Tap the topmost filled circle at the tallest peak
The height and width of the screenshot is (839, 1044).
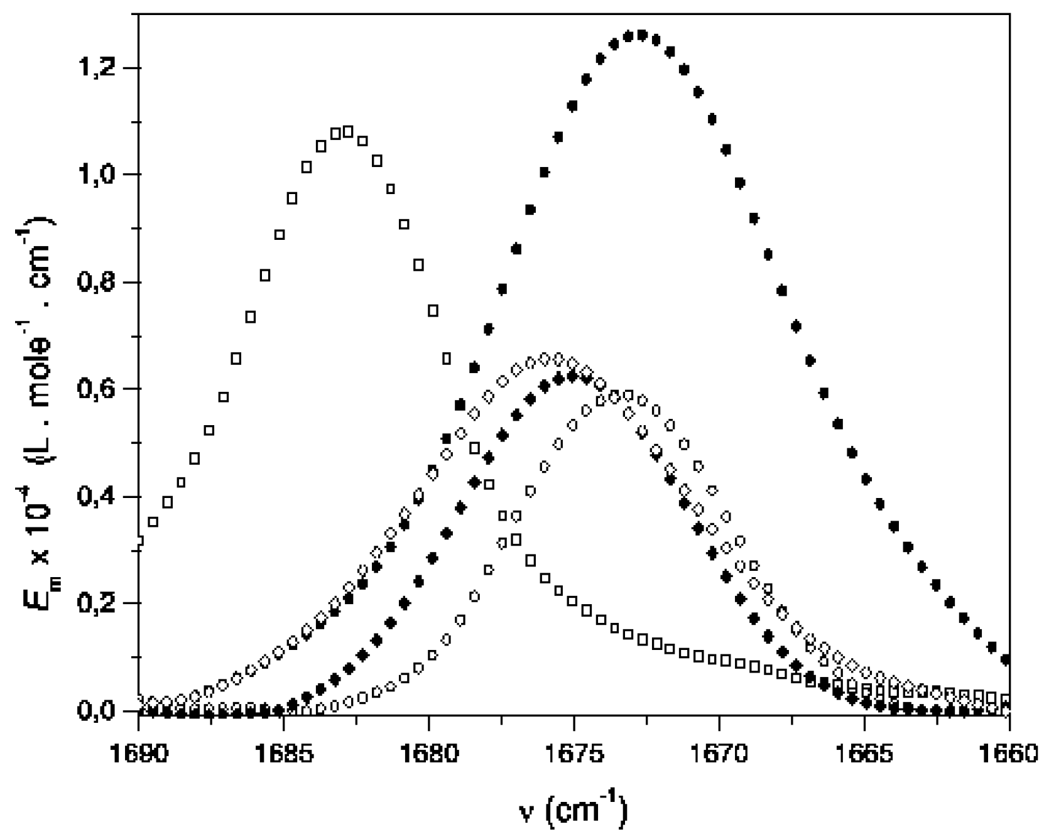(641, 35)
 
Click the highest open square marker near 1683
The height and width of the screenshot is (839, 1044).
(349, 131)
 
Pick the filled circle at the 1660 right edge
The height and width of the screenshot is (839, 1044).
(1006, 660)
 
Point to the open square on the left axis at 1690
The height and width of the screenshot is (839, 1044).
(139, 541)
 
